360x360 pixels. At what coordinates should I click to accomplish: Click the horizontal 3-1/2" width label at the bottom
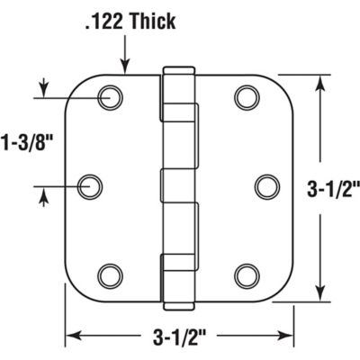coord(182,337)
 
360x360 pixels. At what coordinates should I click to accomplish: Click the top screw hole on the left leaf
coord(111,95)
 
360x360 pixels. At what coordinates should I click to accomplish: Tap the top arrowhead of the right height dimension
coord(319,81)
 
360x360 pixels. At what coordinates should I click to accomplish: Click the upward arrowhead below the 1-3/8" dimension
coord(40,196)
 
